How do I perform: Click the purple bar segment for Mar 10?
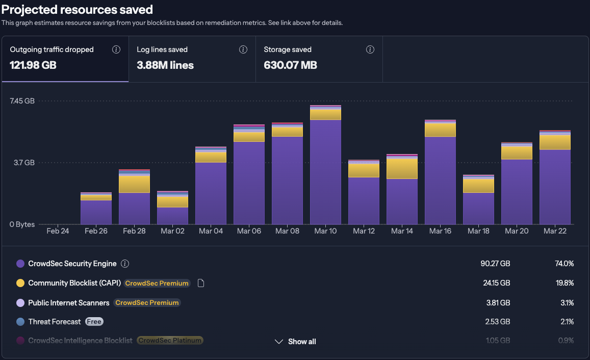coord(325,172)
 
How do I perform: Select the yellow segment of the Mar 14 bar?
coord(402,168)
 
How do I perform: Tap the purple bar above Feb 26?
coord(96,212)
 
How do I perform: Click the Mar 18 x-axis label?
coord(478,231)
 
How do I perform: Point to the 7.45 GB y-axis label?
coord(22,101)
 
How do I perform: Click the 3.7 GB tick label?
coord(24,163)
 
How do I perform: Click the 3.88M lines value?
coord(165,65)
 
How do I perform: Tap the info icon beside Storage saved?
coord(370,49)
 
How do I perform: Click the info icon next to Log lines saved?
coord(243,49)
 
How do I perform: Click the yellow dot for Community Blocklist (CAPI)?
coord(20,283)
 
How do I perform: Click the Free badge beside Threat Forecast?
coord(93,322)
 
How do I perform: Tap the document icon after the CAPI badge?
coord(200,283)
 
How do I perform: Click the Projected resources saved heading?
coord(77,9)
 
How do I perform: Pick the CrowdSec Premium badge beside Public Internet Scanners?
coord(147,302)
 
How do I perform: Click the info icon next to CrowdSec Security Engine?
coord(125,264)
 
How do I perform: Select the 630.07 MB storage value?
coord(290,65)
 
